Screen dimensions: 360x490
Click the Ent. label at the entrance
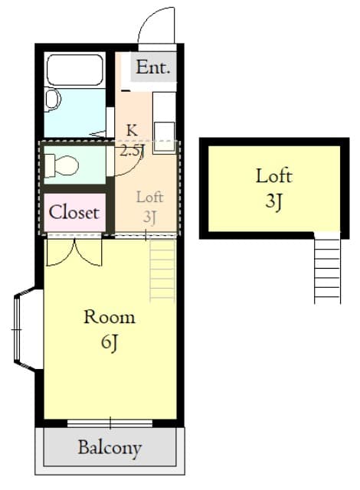coord(153,67)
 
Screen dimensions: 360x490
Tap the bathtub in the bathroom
coord(75,70)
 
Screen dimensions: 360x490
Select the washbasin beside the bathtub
coord(53,99)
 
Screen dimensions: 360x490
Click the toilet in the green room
coord(61,165)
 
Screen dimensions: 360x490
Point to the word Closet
coord(74,213)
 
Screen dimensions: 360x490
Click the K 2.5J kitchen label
coord(133,140)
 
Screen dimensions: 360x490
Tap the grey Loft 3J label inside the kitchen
coord(149,207)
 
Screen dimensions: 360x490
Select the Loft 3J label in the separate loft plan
coord(274,188)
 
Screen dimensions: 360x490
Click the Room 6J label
coord(110,330)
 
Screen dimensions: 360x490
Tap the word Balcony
coord(110,448)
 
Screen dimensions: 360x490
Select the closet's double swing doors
coord(74,252)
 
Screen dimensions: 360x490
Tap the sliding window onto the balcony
coord(110,423)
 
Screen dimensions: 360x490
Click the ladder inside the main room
coord(162,270)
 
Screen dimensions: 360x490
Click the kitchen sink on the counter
coord(165,136)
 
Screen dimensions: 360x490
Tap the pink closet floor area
coord(74,213)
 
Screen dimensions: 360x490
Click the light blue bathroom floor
coord(75,113)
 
